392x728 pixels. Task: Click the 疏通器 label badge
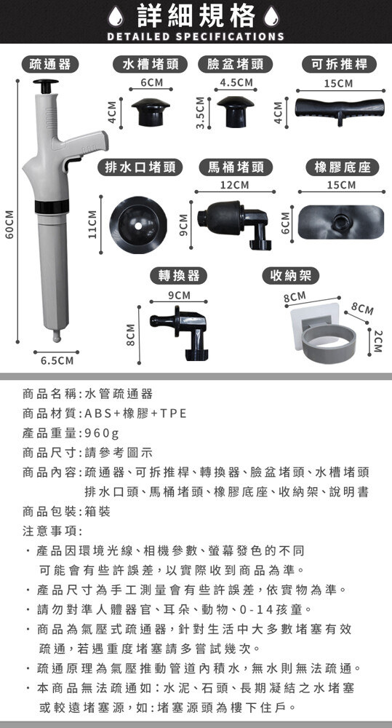pyautogui.click(x=50, y=65)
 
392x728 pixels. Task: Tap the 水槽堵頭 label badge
pyautogui.click(x=151, y=65)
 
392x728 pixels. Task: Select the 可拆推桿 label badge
pyautogui.click(x=339, y=65)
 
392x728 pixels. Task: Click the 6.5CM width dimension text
pyautogui.click(x=57, y=361)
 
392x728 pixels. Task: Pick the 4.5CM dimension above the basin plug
pyautogui.click(x=236, y=83)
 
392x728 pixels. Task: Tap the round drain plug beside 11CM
pyautogui.click(x=137, y=226)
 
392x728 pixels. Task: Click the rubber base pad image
pyautogui.click(x=341, y=221)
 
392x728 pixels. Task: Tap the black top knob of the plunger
pyautogui.click(x=46, y=85)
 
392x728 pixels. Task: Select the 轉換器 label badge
pyautogui.click(x=179, y=276)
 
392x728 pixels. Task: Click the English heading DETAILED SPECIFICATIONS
pyautogui.click(x=196, y=36)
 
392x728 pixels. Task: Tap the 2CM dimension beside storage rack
pyautogui.click(x=379, y=341)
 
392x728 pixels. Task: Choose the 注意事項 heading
pyautogui.click(x=52, y=531)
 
